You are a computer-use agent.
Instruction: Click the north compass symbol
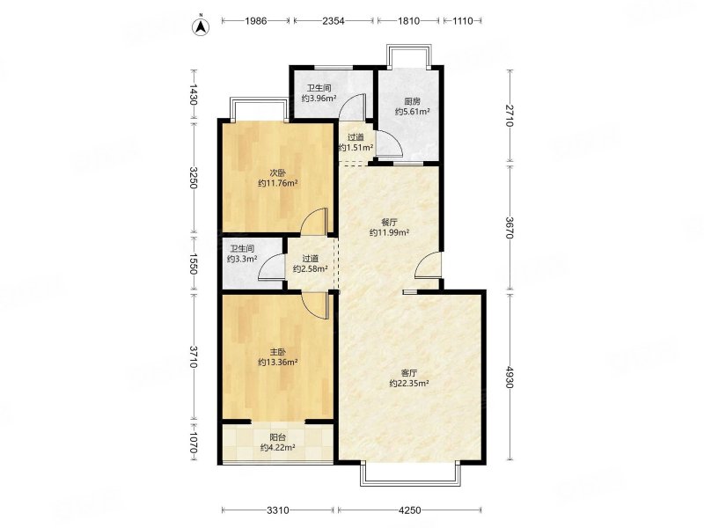tap(202, 27)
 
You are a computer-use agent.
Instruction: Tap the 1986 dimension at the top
tap(256, 20)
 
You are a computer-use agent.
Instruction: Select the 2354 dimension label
tap(334, 20)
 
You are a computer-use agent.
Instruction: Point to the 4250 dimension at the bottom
tap(410, 510)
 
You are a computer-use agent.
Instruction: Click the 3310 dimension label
tap(278, 510)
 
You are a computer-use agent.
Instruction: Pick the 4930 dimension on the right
tap(510, 378)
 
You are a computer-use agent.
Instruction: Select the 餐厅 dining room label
tap(389, 222)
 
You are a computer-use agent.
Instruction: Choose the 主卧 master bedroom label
tap(278, 352)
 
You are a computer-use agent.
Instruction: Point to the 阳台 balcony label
tap(278, 436)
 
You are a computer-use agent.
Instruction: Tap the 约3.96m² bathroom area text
tap(319, 99)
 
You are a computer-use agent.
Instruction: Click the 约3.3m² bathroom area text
tap(242, 259)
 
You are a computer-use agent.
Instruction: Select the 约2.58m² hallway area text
tap(311, 269)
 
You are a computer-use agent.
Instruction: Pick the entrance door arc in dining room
tap(426, 265)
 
